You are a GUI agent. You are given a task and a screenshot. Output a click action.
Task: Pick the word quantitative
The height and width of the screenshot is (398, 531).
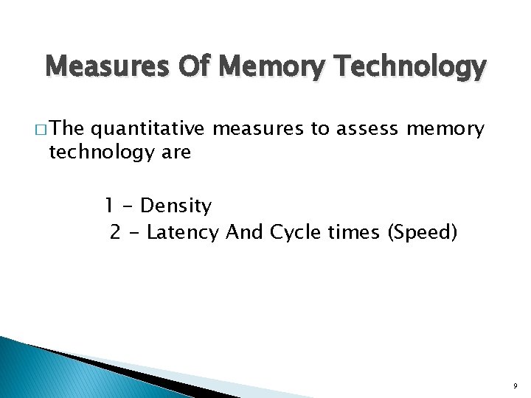(x=147, y=129)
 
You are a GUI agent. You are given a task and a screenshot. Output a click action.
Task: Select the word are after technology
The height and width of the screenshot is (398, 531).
(x=175, y=153)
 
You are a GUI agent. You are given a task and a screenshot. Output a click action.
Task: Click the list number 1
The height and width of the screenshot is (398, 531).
(x=108, y=206)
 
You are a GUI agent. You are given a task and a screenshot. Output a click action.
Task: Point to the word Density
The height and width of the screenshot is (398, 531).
(x=176, y=206)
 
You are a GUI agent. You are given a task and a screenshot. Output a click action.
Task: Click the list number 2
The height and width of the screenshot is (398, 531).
(x=115, y=233)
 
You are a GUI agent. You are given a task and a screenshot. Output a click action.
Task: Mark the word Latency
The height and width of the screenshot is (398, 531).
(x=183, y=233)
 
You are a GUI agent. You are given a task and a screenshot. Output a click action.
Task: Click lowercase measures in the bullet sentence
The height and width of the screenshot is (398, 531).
(x=259, y=130)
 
